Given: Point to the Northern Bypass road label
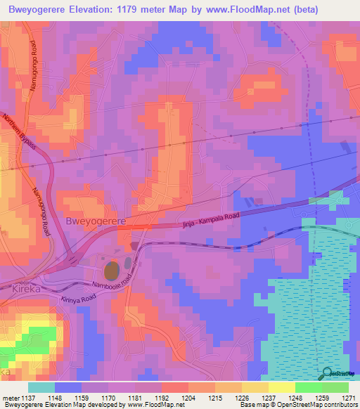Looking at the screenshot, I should click(x=20, y=133).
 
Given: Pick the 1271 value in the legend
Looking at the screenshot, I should click(x=349, y=397).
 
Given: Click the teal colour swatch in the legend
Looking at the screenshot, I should click(x=41, y=387).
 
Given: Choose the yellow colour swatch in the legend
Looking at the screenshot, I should click(x=281, y=387).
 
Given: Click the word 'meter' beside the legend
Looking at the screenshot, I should click(x=12, y=397).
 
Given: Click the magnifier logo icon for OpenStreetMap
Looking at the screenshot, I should click(x=325, y=372).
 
